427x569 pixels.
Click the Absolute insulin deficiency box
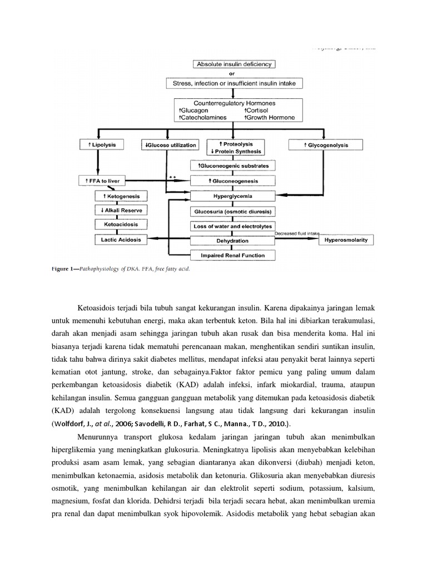(234, 64)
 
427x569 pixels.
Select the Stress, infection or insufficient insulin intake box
(234, 83)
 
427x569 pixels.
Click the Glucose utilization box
(170, 145)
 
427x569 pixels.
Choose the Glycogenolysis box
(326, 145)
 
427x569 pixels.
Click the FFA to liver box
(103, 181)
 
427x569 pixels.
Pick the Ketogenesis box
(121, 196)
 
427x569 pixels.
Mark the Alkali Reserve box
(121, 211)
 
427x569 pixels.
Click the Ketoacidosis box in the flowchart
(121, 225)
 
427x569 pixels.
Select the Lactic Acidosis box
(121, 240)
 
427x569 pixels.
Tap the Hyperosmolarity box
(346, 241)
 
